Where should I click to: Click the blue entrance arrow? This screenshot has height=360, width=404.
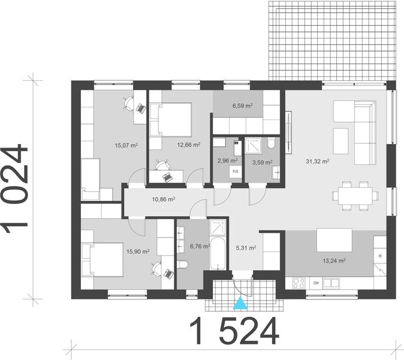pos(240,304)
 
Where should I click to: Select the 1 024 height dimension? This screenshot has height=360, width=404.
pos(16,187)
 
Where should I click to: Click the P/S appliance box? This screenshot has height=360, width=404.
pos(234,171)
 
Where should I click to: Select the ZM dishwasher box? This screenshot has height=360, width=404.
pos(315,282)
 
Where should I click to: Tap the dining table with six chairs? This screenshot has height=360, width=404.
pos(354,195)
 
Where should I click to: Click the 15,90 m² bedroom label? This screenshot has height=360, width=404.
pos(137,252)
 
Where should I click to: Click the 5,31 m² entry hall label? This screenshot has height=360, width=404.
pos(245,247)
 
